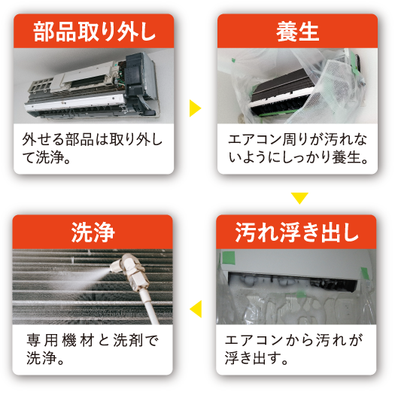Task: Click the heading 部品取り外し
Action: pos(94,32)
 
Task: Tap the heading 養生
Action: pos(297,32)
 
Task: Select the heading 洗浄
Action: pos(93,232)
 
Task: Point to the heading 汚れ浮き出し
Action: pos(296,232)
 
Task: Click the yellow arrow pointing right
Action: pos(195,108)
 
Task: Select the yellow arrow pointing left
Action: pos(196,308)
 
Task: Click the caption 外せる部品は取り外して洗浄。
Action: pos(93,148)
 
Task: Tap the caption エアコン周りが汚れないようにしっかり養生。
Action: pos(298,148)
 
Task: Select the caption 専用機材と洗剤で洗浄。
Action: pos(93,349)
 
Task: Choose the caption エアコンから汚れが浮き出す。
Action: pos(294,349)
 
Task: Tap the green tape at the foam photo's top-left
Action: pos(229,257)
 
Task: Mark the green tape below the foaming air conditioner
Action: pos(301,294)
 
